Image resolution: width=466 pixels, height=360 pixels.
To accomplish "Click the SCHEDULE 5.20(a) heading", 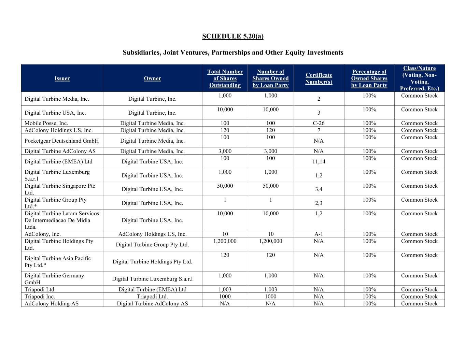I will [232, 37].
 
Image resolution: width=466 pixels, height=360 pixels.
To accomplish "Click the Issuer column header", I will [62, 78].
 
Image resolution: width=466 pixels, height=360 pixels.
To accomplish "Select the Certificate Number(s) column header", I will [319, 78].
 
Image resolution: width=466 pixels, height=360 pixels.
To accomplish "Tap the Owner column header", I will [152, 78].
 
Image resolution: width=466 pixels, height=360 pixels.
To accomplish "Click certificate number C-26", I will [319, 123].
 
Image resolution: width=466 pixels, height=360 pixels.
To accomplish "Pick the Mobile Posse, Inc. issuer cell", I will [46, 123].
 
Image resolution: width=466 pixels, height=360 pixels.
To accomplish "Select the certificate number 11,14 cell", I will [319, 161].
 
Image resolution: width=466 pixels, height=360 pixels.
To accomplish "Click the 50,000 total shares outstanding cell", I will [225, 186].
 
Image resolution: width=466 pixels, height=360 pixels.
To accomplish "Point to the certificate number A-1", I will [319, 234].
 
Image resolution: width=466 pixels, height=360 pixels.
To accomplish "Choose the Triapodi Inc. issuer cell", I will [40, 297].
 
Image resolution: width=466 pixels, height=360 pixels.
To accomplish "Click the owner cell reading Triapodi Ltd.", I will [152, 297].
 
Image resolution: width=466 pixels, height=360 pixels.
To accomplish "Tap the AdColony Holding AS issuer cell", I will [52, 303].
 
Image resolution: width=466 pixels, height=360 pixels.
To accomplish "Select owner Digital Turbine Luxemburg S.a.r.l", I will [152, 279].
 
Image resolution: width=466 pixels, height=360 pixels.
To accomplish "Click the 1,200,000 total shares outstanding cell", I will [225, 241].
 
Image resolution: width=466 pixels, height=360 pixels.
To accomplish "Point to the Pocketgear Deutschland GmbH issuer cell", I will [62, 141].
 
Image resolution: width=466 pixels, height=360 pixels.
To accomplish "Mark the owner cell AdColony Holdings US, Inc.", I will [152, 234].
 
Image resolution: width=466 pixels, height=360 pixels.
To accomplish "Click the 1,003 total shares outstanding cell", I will [225, 289].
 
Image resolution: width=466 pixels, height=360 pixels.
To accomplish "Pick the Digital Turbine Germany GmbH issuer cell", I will [54, 279].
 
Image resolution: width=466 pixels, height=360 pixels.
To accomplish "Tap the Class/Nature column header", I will [419, 78].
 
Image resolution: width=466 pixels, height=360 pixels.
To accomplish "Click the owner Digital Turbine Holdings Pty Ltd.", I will [152, 262].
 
